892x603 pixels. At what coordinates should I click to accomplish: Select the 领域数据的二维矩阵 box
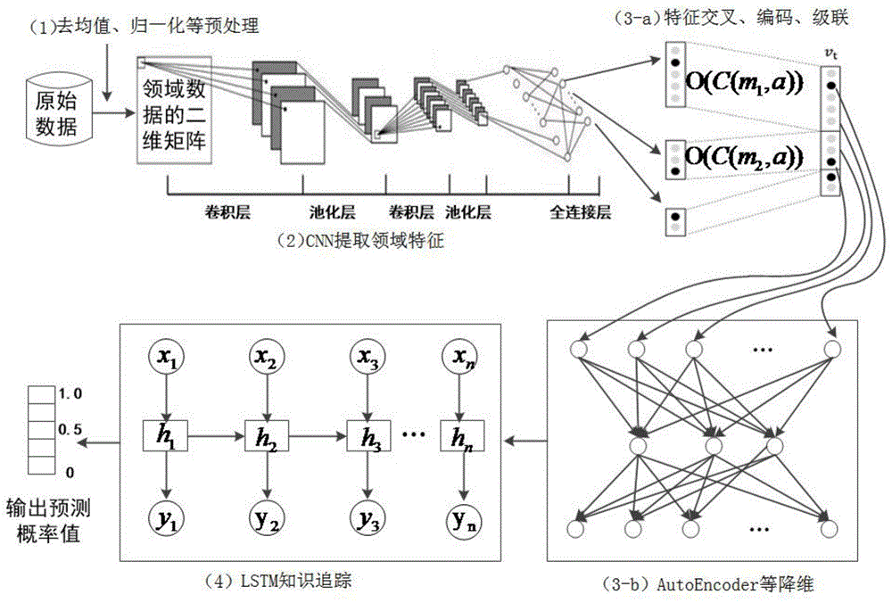(x=174, y=109)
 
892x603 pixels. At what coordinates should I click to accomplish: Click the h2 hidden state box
(x=265, y=438)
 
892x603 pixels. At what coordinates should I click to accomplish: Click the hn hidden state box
(x=459, y=438)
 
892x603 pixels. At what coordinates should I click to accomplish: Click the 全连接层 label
(x=580, y=213)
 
